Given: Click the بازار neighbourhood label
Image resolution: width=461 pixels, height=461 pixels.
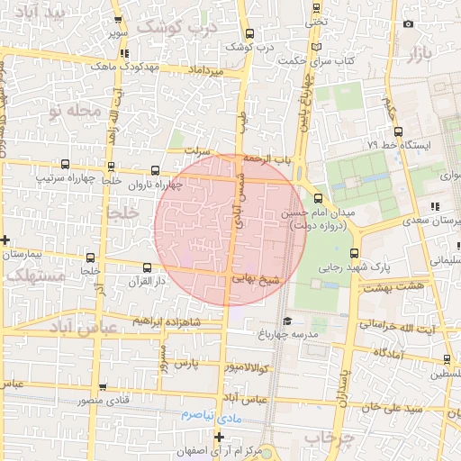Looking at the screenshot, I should tap(419, 54).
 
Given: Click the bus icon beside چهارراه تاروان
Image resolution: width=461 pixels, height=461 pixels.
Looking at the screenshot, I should tap(156, 170).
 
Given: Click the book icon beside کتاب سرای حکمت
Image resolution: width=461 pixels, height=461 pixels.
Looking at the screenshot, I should tap(313, 46).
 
